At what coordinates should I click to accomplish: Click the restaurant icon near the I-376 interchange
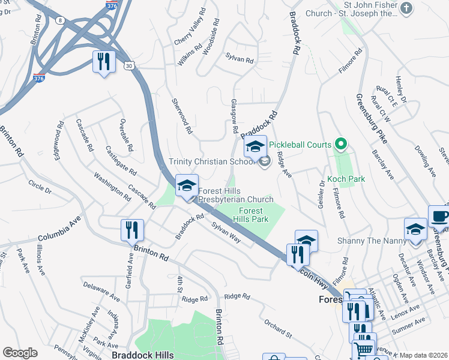pos(104,61)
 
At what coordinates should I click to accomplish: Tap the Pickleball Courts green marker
pos(341,144)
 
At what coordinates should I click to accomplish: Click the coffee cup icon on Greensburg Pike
pos(439,216)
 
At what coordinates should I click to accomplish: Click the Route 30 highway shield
pos(129,67)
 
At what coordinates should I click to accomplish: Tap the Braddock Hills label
pos(147,355)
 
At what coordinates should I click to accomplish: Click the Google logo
pos(20,353)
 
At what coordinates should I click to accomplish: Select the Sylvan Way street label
pos(226,232)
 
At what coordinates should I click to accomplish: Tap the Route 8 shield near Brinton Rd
pos(61,20)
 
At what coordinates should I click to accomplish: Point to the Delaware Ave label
pos(103,293)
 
